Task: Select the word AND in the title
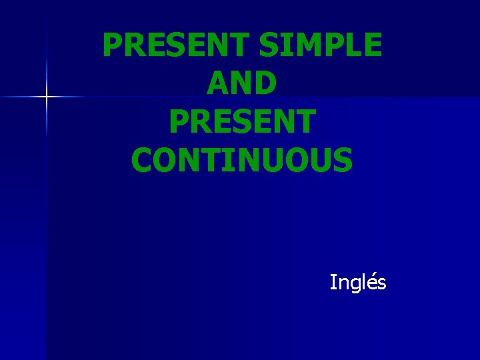point(242,83)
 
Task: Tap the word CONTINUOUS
point(242,160)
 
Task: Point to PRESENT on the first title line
point(176,45)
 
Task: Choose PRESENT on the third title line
point(242,122)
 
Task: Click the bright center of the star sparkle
point(46,97)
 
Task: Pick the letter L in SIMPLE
point(351,45)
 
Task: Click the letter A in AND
point(217,83)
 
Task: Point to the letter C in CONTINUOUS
point(143,160)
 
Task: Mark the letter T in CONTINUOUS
point(212,160)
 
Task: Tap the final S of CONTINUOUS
point(342,160)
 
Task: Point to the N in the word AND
point(242,83)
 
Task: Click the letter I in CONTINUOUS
point(229,160)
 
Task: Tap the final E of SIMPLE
point(371,45)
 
